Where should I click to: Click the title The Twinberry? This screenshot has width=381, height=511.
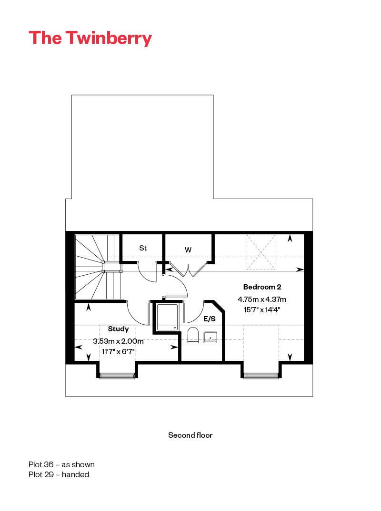(90, 39)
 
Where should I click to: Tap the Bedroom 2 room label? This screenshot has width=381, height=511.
(262, 287)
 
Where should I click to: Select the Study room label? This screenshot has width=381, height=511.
(118, 329)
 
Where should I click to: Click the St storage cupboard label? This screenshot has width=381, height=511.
(143, 248)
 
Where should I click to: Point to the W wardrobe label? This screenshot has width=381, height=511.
(188, 250)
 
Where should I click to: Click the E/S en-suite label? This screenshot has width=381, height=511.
(210, 319)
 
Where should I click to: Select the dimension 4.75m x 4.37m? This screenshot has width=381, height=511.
(262, 299)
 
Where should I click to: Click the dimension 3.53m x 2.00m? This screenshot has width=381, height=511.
(118, 341)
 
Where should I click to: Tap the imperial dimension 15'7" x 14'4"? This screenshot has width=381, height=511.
(262, 309)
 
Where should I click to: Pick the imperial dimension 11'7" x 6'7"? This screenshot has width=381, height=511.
(118, 352)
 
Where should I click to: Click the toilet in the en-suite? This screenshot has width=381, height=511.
(193, 335)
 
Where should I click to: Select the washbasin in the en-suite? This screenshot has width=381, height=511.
(211, 337)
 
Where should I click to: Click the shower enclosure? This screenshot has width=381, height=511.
(167, 317)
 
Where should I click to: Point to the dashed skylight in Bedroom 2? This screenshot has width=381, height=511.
(261, 252)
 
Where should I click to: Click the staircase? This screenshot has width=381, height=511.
(98, 267)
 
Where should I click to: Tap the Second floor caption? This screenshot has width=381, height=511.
(190, 435)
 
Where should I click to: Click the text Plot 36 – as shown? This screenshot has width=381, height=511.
(61, 464)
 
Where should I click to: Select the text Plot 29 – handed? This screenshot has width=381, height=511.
(59, 474)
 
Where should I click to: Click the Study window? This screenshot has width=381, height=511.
(117, 376)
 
